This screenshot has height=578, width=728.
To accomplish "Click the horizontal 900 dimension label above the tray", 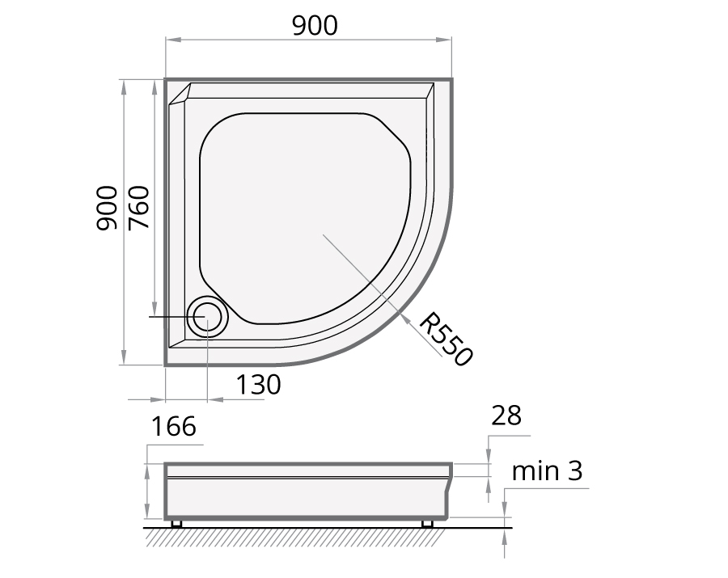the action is (315, 26).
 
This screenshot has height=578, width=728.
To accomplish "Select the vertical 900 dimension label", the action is (107, 208).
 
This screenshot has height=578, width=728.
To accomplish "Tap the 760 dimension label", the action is (139, 208).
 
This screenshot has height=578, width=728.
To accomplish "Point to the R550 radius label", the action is (446, 339).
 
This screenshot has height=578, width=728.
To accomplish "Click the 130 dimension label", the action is (259, 385).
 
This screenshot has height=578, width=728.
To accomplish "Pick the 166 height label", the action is (174, 426).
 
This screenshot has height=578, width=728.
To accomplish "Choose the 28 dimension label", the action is (506, 416).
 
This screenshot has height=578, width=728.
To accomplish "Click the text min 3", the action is (547, 470).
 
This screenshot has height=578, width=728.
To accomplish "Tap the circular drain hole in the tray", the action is (207, 316).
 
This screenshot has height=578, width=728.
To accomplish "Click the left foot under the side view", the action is (176, 524).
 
